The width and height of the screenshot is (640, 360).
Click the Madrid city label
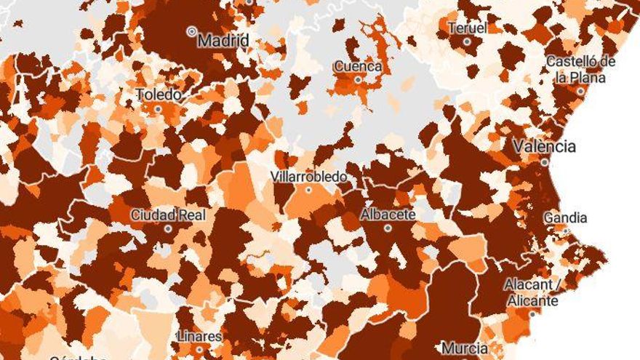tap(223, 40)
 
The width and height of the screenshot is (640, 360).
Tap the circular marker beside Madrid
tap(192, 31)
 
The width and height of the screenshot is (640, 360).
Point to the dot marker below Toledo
tap(158, 109)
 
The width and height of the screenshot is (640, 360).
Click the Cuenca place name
tap(358, 67)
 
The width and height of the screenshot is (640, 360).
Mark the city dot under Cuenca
tap(358, 80)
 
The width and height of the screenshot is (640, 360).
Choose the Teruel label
tap(467, 28)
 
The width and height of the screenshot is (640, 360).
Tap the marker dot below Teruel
tap(467, 41)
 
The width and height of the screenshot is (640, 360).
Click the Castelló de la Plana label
tap(580, 69)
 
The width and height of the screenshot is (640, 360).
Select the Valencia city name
tap(544, 146)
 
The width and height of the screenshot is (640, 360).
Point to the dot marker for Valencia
tap(545, 162)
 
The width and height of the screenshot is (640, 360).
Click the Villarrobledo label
tap(308, 177)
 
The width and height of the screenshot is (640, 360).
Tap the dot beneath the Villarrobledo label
tap(308, 190)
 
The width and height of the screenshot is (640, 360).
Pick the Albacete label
tap(388, 215)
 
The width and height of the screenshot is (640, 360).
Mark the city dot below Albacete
tap(388, 228)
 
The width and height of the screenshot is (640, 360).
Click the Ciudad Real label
tap(168, 215)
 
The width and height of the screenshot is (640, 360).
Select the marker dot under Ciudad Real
tap(168, 228)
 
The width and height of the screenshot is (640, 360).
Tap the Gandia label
tap(565, 217)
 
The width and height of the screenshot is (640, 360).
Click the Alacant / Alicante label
tap(532, 293)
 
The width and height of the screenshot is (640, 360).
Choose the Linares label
tap(199, 336)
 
